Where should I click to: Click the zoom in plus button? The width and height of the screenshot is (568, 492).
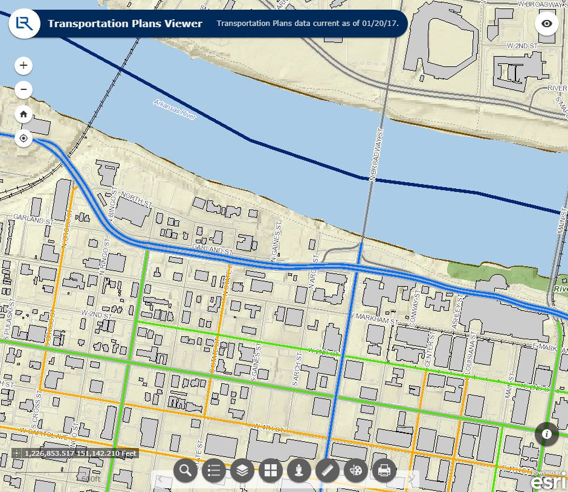24,65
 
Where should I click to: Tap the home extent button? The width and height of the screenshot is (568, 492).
24,113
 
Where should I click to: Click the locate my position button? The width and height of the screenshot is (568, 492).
24,138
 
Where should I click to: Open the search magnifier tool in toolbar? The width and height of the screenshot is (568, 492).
186,470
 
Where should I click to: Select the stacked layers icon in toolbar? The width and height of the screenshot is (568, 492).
242,470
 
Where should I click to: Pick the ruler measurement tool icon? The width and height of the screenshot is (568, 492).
328,470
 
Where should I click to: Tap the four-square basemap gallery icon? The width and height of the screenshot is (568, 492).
271,470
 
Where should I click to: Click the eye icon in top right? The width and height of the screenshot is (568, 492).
547,24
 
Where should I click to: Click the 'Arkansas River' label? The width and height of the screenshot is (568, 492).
175,110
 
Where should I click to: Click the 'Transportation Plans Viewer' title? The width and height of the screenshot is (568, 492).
125,24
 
